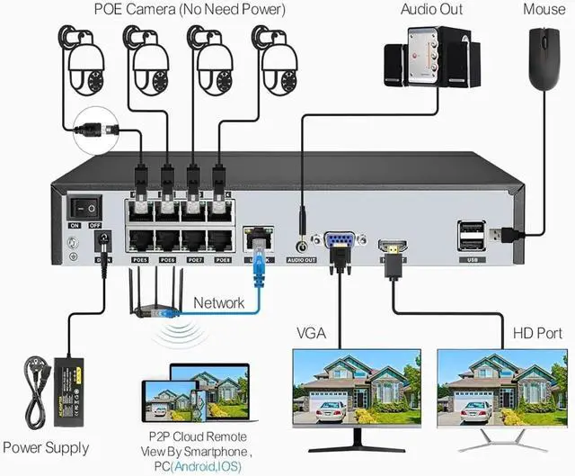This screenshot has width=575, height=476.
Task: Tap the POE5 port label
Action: coord(140,259)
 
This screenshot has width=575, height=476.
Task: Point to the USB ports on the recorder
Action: coord(471,237)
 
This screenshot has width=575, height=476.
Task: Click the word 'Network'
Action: coord(218,303)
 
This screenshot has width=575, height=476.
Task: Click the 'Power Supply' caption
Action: coord(46,447)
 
